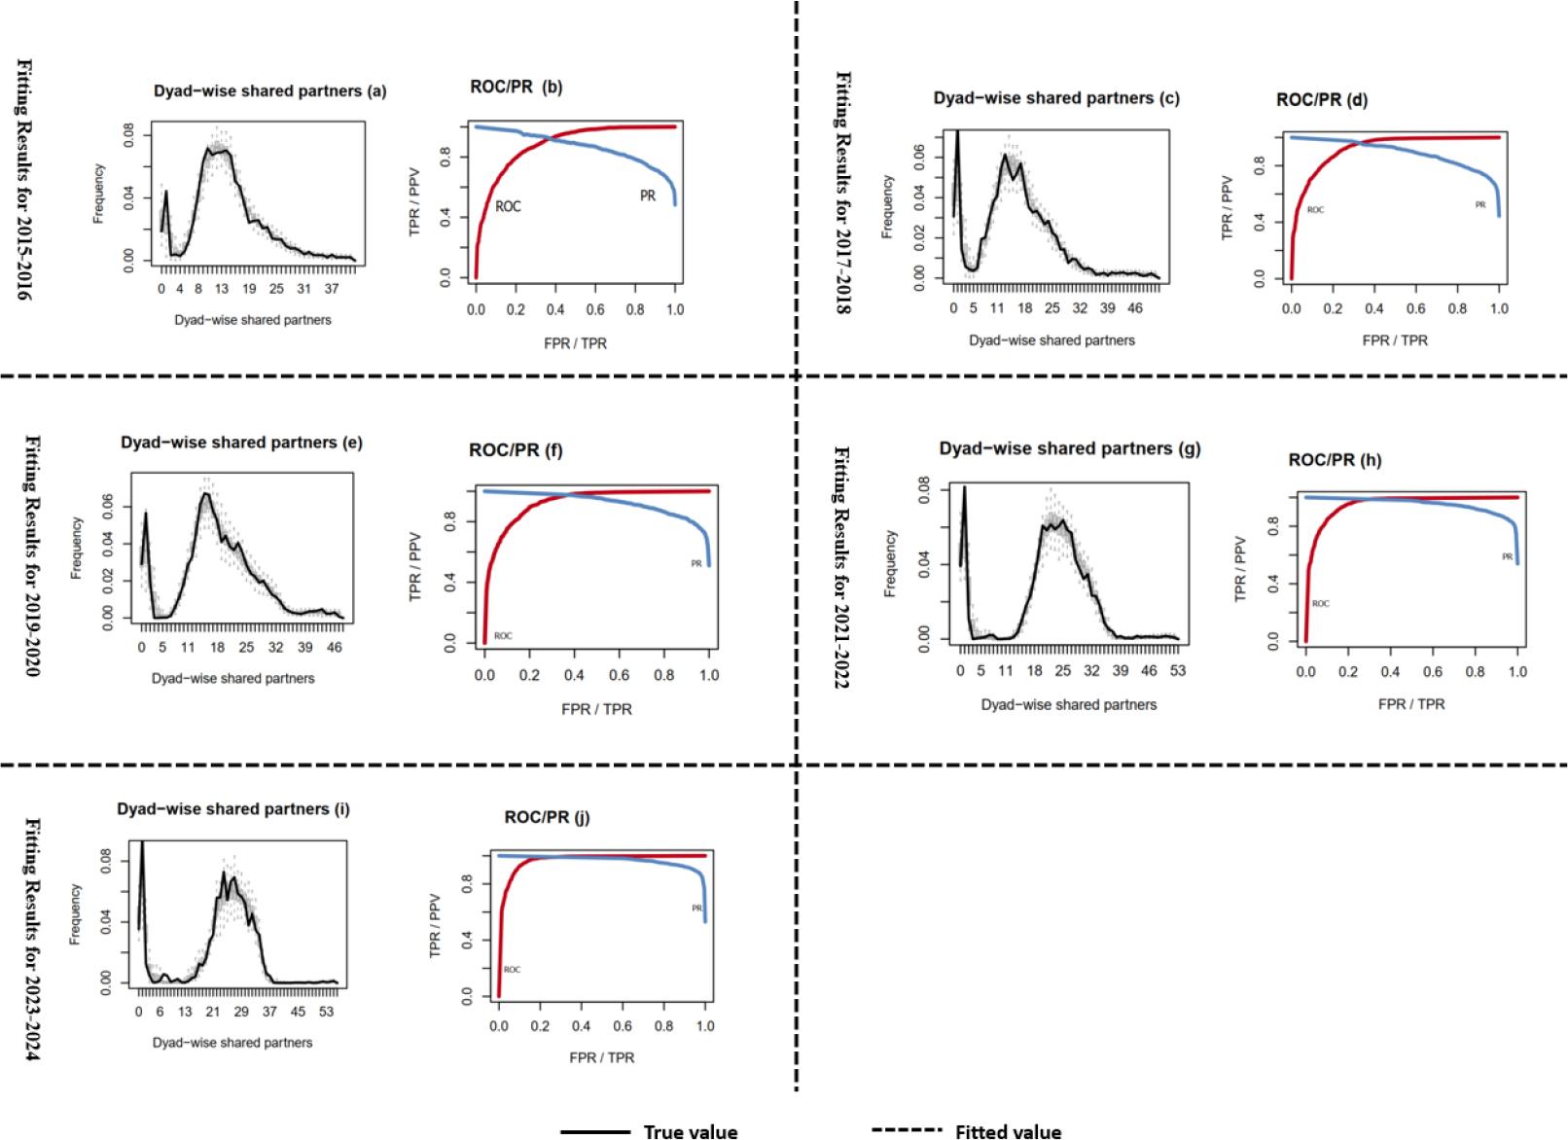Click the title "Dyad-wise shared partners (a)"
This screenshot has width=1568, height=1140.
(x=269, y=91)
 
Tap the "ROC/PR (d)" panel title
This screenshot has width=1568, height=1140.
(x=1322, y=99)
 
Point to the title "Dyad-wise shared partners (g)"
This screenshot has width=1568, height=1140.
(x=1070, y=448)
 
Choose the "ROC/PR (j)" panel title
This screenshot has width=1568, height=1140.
(x=547, y=817)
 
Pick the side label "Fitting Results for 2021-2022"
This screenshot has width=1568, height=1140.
(x=842, y=567)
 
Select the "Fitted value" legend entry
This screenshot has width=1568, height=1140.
(x=1008, y=1131)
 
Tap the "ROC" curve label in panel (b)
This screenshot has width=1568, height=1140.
(x=508, y=207)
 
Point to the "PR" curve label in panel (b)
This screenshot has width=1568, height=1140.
(x=648, y=196)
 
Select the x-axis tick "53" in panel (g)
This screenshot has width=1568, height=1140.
(x=1178, y=671)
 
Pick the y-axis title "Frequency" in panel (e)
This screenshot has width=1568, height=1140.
(x=76, y=549)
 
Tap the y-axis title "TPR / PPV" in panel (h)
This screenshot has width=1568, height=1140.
(x=1240, y=568)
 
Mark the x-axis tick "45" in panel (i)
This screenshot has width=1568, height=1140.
(x=298, y=1012)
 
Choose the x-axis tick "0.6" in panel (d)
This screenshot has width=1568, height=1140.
(x=1415, y=308)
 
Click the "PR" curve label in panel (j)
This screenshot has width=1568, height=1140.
(x=696, y=908)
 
